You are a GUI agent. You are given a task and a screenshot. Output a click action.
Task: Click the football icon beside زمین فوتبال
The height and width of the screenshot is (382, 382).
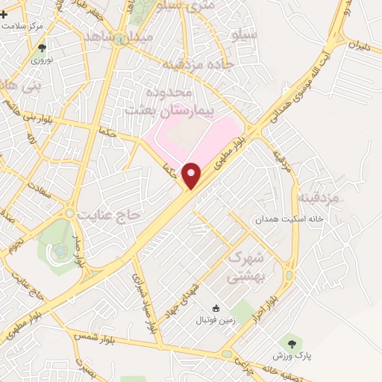coord(216,308)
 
